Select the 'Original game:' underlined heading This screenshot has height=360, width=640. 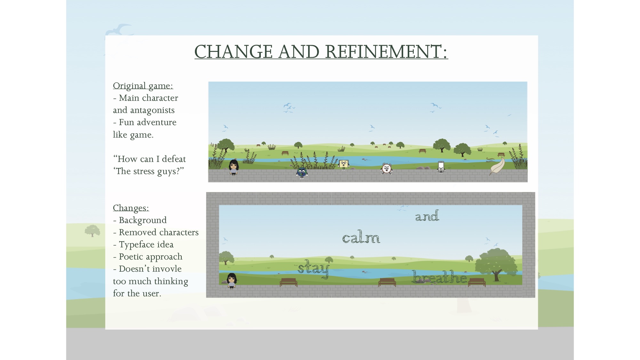click(x=143, y=86)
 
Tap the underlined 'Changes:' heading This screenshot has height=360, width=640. click(x=131, y=208)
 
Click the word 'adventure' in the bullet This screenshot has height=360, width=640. click(x=156, y=123)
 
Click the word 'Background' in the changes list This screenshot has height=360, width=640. click(x=143, y=220)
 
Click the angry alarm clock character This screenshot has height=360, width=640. click(x=387, y=168)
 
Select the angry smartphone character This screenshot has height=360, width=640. click(x=441, y=167)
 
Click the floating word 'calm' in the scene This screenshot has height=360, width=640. click(x=361, y=238)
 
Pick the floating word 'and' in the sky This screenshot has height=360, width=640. click(x=427, y=216)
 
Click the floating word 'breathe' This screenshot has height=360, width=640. click(x=439, y=277)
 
